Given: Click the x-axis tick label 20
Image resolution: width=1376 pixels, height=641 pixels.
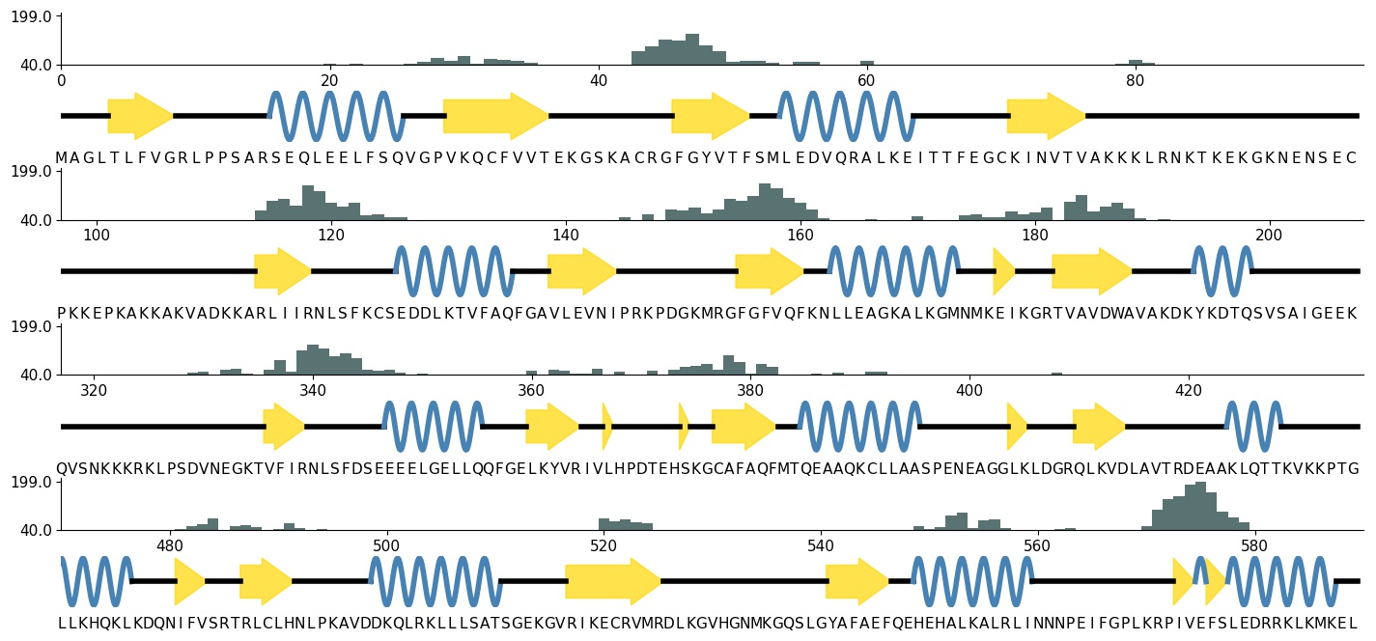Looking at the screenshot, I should pyautogui.click(x=329, y=80).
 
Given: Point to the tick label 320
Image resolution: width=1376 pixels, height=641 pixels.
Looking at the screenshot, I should pyautogui.click(x=93, y=390).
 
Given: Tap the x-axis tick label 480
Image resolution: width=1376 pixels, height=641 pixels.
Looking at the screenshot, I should pyautogui.click(x=170, y=545).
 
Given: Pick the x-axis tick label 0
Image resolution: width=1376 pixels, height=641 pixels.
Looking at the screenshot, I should pyautogui.click(x=61, y=80).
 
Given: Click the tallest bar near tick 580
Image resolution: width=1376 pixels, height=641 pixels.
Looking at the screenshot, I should pyautogui.click(x=1200, y=506).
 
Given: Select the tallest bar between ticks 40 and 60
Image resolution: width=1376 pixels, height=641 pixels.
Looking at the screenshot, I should pyautogui.click(x=691, y=49).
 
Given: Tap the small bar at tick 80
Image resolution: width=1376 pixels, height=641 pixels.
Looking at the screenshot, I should pyautogui.click(x=1136, y=63).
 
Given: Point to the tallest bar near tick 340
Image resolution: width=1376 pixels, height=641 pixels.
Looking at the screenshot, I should pyautogui.click(x=313, y=359).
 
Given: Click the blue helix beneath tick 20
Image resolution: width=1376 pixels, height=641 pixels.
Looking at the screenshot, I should pyautogui.click(x=336, y=117).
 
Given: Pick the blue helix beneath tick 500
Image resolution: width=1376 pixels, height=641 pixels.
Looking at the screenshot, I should pyautogui.click(x=435, y=581).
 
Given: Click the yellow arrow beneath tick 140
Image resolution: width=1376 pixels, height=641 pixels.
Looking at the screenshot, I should pyautogui.click(x=581, y=271).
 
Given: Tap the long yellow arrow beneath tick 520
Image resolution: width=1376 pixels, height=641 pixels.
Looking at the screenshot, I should pyautogui.click(x=613, y=581).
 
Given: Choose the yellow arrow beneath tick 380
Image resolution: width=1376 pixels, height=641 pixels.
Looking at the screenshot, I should pyautogui.click(x=744, y=427).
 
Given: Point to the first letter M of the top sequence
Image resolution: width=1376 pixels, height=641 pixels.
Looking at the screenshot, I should pyautogui.click(x=61, y=158).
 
